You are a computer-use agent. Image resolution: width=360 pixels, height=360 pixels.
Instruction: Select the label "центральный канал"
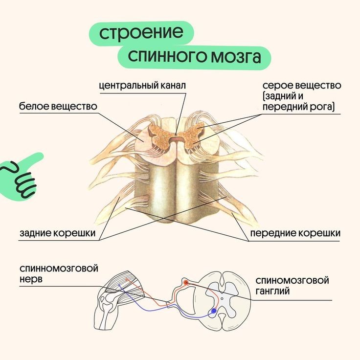point(142,85)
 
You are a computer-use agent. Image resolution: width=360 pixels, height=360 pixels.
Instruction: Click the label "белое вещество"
point(58,106)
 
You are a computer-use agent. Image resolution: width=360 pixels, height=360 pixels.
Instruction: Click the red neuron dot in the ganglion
point(185,283)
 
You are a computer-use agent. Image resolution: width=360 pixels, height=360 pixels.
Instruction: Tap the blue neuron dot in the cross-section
point(213,311)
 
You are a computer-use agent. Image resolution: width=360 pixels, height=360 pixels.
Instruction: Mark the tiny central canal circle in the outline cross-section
point(222,298)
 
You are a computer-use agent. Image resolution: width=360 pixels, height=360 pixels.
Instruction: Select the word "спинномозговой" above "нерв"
point(59,269)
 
